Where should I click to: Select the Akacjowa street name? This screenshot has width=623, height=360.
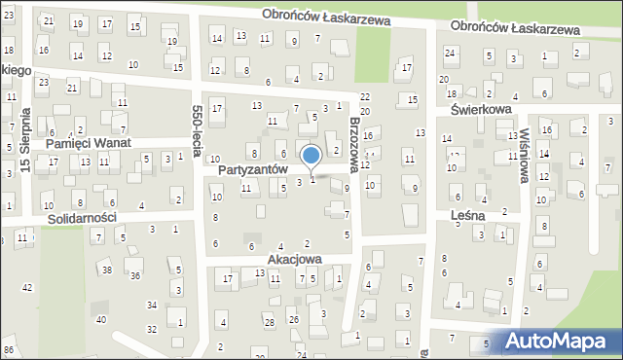point(296,260)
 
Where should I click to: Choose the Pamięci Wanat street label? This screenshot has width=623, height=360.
point(89,143)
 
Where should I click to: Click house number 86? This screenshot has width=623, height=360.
point(9,349)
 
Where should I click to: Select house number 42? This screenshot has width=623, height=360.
point(27,287)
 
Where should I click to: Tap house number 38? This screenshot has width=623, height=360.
point(107,270)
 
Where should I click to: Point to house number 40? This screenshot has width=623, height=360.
point(100,319)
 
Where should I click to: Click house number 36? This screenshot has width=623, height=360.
point(135,277)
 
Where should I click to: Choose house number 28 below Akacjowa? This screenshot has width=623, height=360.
point(268,322)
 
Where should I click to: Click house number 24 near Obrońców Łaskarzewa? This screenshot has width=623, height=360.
point(450,52)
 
